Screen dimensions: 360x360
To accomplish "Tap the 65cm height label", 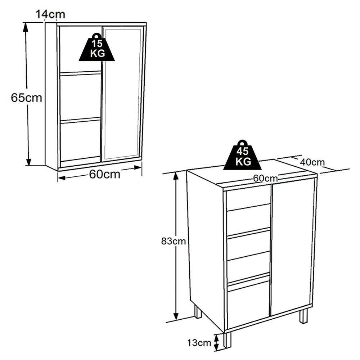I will click(26, 98).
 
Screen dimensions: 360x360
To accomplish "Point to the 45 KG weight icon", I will click(242, 156).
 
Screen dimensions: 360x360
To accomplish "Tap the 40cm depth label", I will click(312, 162).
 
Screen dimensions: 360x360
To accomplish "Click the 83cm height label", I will click(173, 241).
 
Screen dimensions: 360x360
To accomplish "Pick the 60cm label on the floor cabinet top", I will click(265, 178).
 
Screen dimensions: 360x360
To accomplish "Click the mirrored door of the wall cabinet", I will click(122, 94).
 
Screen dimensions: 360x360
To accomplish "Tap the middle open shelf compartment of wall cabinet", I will click(80, 96).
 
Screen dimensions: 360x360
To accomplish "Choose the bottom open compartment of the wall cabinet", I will click(80, 140).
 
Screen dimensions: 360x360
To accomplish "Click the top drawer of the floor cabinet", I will click(248, 198).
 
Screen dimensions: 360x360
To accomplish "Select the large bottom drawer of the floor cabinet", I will click(248, 304).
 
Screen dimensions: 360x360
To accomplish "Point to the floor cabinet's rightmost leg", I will click(304, 316).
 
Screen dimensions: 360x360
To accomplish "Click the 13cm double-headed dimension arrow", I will click(216, 342).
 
